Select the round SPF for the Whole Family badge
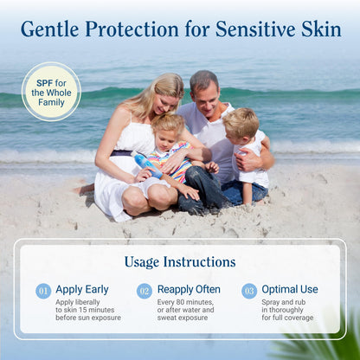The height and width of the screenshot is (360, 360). [x=51, y=91]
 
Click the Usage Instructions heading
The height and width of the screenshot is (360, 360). [x=179, y=261]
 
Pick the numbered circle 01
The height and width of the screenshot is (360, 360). [x=43, y=291]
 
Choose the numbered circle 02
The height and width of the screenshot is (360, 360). [x=145, y=291]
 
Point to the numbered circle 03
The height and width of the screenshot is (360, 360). [x=249, y=291]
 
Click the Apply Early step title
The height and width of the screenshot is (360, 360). [x=83, y=290]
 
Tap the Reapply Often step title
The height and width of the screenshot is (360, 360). [x=189, y=290]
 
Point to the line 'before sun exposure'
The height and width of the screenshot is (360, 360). [x=88, y=318]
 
